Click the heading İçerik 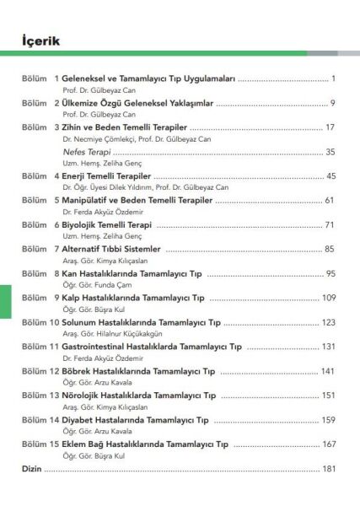(40, 40)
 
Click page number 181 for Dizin (329, 468)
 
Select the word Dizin (31, 468)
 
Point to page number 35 (330, 152)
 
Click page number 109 (329, 298)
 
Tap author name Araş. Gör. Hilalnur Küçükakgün (112, 334)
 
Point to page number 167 (329, 444)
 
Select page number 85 (330, 249)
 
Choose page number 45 (330, 176)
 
